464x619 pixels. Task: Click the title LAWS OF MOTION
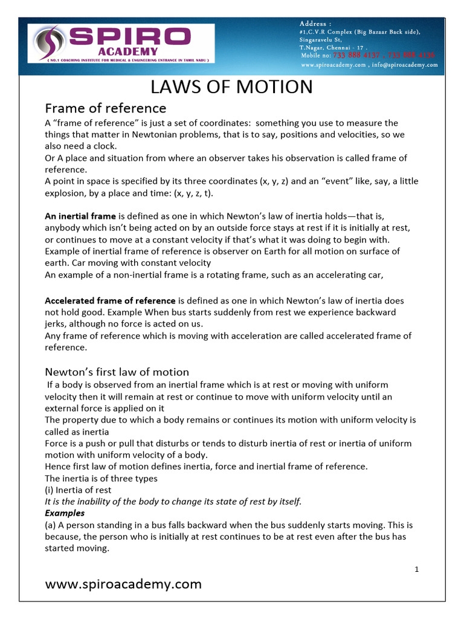tap(231, 87)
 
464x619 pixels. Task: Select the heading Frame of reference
tap(106, 108)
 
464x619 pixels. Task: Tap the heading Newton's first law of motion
tap(117, 372)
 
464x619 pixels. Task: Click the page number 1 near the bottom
tap(417, 569)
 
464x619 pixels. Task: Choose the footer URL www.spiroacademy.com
tap(123, 584)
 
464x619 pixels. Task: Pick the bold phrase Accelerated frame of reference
tap(110, 300)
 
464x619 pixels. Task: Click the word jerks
tap(56, 323)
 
